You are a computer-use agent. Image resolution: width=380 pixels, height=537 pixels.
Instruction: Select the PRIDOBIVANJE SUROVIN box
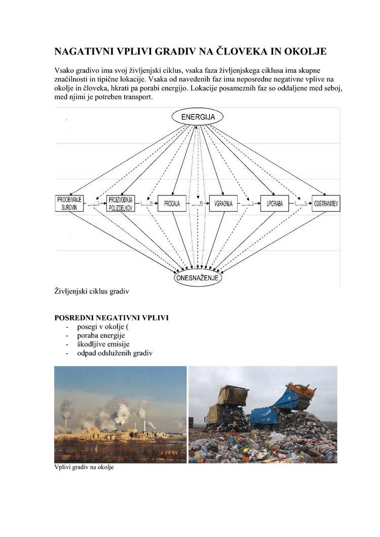click(x=69, y=203)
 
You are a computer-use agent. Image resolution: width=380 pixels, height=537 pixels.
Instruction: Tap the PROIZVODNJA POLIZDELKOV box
click(x=121, y=203)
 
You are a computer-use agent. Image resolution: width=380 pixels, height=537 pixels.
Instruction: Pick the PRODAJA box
click(x=172, y=203)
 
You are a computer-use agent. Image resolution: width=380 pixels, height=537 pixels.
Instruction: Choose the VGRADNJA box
click(x=223, y=203)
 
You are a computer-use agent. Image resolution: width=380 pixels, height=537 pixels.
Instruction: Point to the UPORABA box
click(x=275, y=203)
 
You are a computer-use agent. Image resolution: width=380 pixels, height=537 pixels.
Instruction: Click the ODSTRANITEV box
click(x=326, y=203)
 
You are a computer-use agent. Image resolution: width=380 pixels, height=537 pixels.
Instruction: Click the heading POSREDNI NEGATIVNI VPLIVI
click(x=111, y=318)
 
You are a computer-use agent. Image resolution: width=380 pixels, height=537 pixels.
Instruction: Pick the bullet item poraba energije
click(x=100, y=335)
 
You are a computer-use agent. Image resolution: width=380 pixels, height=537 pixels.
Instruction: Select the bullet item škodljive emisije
click(x=101, y=344)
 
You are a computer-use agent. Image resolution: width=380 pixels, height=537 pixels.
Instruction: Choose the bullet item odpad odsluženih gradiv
click(x=115, y=353)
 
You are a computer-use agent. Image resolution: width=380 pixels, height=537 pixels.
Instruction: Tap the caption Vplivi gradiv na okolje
click(x=84, y=467)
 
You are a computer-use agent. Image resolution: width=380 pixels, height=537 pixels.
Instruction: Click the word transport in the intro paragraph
click(x=135, y=97)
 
